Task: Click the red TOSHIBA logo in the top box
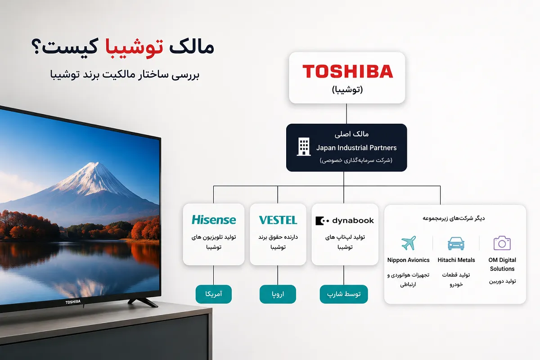pos(347,71)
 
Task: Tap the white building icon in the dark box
pos(303,147)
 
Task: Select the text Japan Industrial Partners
pos(356,148)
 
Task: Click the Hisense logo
pos(214,220)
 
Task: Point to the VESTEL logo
pos(278,220)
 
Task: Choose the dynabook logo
pos(345,220)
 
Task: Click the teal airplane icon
pos(409,243)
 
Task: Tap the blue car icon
pos(456,243)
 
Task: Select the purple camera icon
pos(502,243)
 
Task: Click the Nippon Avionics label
pos(409,260)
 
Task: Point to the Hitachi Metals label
pos(456,260)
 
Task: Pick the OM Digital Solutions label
pos(502,264)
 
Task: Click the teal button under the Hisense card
pos(214,294)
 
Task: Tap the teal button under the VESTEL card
pos(278,294)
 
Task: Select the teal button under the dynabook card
pos(344,294)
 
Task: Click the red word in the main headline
pos(134,46)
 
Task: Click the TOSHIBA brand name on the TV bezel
pos(73,302)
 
